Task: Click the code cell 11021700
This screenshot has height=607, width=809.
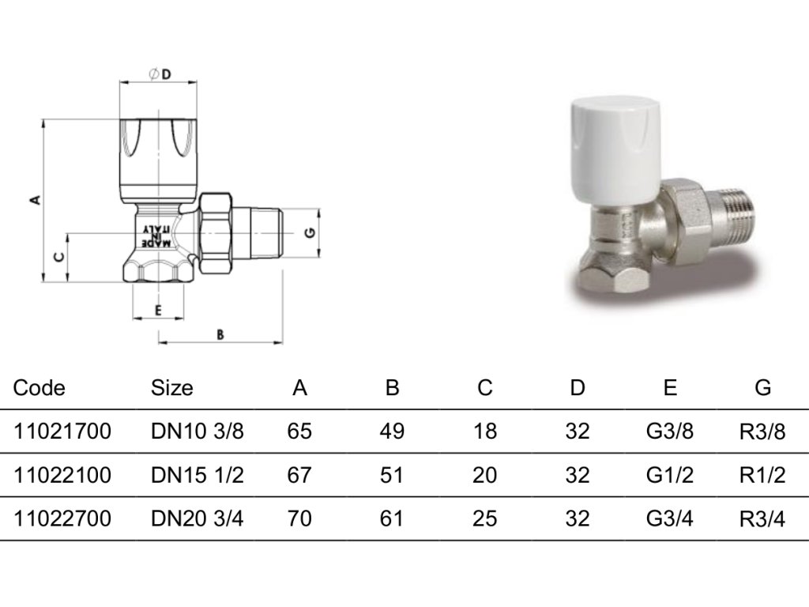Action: (62, 432)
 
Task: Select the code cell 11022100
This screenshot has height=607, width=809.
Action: (62, 475)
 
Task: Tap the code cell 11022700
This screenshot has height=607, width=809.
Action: (62, 518)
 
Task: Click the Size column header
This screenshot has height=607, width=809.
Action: (171, 388)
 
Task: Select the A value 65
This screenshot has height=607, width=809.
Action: (300, 432)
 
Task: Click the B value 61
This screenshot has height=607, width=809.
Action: (392, 518)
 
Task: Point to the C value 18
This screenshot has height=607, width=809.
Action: (485, 432)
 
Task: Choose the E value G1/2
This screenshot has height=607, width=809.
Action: (670, 475)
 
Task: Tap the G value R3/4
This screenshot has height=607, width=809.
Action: (762, 519)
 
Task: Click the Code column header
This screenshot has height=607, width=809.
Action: (40, 388)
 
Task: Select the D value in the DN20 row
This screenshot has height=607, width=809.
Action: (578, 518)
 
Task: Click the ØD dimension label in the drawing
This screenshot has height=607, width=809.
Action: (160, 74)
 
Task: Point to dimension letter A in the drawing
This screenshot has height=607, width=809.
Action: (34, 200)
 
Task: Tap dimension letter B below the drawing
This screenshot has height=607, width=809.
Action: (220, 334)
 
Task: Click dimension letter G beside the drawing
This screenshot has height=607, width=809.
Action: (310, 233)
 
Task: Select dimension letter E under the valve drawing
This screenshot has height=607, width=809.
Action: (158, 310)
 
